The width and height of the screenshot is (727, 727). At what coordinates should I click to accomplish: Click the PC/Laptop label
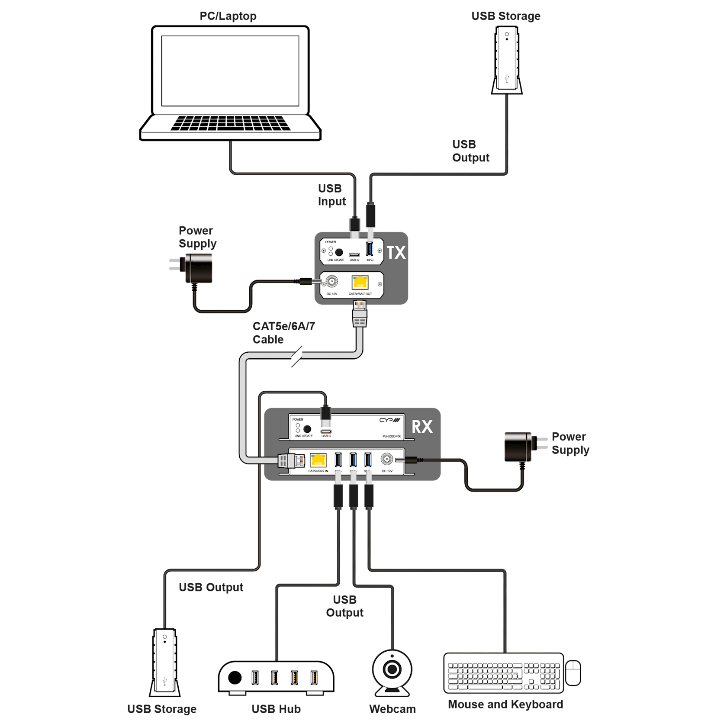point(228,16)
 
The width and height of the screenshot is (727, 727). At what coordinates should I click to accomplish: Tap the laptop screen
point(230,71)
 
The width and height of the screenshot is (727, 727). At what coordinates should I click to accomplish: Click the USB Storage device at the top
point(507,60)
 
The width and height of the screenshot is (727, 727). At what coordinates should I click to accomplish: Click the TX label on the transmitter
point(396,253)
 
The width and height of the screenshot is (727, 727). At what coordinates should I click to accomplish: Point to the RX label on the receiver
point(421,427)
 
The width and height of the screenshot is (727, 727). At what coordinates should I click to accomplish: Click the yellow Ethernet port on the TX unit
point(360,283)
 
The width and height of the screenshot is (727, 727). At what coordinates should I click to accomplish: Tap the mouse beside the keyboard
point(573,673)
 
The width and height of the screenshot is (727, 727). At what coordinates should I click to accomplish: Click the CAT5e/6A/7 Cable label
point(283,333)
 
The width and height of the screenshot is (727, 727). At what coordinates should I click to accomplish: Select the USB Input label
point(331,195)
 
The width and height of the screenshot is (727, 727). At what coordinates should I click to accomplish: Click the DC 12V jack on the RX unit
point(386,459)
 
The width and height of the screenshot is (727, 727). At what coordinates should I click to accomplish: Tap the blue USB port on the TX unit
point(370,250)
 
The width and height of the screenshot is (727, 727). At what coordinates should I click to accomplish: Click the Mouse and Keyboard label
point(505,704)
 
